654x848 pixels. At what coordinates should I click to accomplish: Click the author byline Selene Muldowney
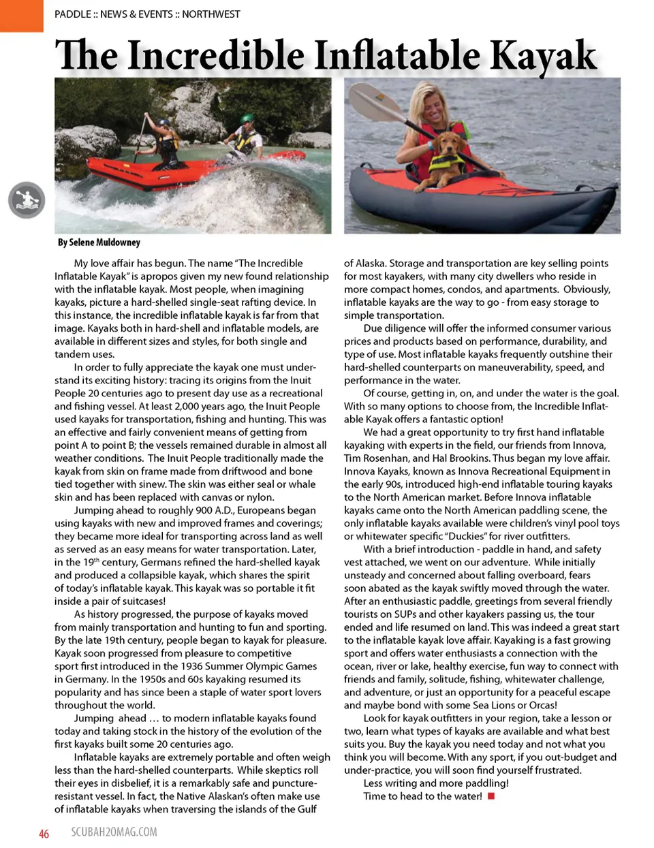(x=99, y=242)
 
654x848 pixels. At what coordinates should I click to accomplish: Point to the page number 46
(x=44, y=834)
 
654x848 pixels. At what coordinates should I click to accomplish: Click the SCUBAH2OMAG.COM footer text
(x=114, y=832)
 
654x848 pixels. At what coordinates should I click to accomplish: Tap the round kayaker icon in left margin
(x=27, y=200)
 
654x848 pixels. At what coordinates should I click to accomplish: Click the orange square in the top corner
(x=21, y=15)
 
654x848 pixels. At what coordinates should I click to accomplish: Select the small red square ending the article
(x=491, y=796)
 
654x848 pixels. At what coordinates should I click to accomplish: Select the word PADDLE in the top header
(x=72, y=14)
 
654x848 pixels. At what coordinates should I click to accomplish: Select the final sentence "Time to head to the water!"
(x=422, y=796)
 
